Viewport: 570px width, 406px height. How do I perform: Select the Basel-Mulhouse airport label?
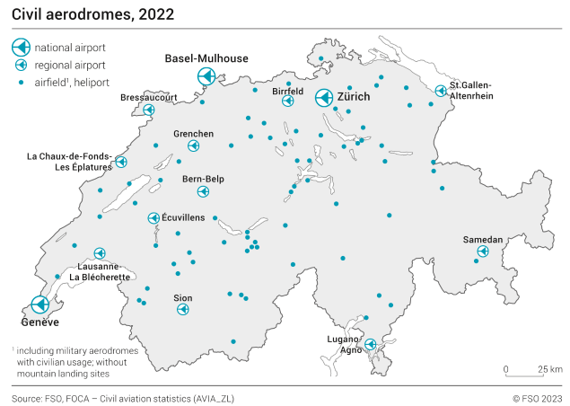point(206,58)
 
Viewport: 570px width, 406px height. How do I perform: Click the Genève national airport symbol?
point(39,304)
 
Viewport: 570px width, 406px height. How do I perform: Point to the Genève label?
point(39,322)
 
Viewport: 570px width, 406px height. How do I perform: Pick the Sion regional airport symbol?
point(183,310)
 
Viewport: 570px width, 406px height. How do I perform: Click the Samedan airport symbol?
point(482,252)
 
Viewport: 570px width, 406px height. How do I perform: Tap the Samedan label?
point(483,240)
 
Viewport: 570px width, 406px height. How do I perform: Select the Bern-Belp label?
point(203,179)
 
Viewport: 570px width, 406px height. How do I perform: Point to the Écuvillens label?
point(183,217)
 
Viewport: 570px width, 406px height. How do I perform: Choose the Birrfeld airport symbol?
point(288,101)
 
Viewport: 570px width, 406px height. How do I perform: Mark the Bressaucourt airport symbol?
point(149,110)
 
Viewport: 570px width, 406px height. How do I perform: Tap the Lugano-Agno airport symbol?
point(370,344)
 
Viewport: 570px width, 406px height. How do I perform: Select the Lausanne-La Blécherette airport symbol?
point(100,253)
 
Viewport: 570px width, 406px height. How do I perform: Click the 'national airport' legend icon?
point(20,47)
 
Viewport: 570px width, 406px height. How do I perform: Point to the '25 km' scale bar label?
point(550,369)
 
